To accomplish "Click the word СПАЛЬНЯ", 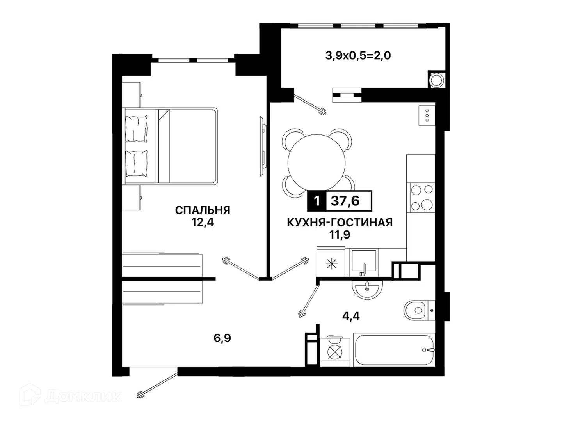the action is click(x=203, y=210).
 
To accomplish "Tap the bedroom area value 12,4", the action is click(x=203, y=222).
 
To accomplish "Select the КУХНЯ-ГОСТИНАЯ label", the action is click(x=340, y=222).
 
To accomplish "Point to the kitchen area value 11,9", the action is click(x=340, y=234).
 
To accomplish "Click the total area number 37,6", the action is click(x=345, y=201).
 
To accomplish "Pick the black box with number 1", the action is click(x=317, y=201).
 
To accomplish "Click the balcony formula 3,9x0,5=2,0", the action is click(x=358, y=55).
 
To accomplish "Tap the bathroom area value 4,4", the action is click(x=351, y=317).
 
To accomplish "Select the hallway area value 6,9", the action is click(x=222, y=338).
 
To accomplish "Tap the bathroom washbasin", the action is click(x=367, y=289).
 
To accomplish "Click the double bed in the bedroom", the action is click(x=171, y=146).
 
